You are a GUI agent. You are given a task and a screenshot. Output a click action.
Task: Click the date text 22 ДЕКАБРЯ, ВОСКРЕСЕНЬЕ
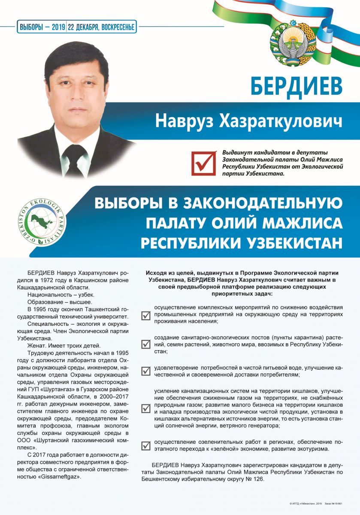pos(101,27)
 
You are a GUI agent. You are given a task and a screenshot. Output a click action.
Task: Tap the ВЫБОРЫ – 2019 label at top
pos(42,27)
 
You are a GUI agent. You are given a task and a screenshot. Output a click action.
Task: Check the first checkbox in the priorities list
pos(146,315)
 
